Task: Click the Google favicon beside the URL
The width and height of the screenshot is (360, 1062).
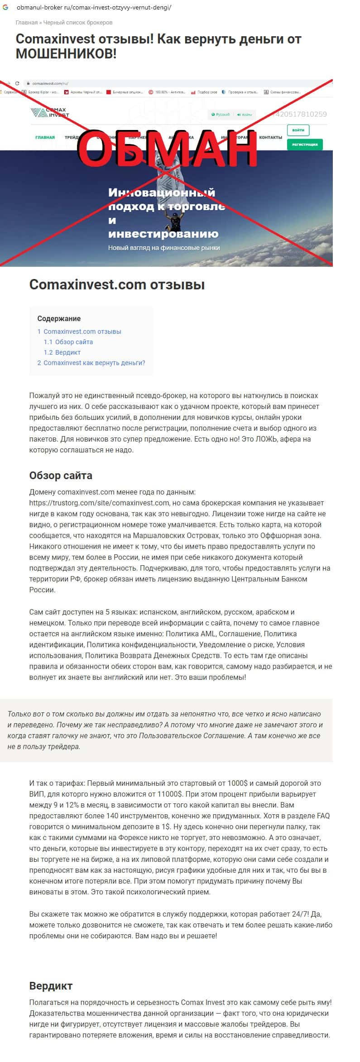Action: coord(5,8)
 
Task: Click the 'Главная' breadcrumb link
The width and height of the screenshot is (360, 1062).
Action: coord(26,22)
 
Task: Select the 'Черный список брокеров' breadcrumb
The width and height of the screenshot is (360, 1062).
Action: coord(78,22)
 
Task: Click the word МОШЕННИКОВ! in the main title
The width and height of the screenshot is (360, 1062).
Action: coord(66,54)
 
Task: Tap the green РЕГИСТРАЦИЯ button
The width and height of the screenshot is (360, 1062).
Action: coord(305,144)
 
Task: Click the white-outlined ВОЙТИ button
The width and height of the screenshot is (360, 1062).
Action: coord(298,130)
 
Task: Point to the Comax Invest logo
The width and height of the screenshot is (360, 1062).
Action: coord(50,112)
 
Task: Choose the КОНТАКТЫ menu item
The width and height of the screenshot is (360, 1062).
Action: coord(270,137)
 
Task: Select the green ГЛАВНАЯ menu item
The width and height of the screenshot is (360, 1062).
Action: coord(45,137)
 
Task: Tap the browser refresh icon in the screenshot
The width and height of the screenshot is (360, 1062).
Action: coord(17,83)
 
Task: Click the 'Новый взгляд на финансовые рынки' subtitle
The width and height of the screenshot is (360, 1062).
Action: coord(164,248)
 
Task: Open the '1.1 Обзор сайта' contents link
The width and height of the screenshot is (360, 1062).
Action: coord(68,342)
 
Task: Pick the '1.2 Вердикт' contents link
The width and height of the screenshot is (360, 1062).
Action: coord(62,352)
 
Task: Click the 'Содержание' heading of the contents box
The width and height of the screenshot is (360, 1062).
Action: coord(59,318)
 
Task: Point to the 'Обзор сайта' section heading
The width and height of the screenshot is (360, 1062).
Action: coord(61,476)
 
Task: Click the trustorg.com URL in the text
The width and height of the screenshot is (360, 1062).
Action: coord(99,503)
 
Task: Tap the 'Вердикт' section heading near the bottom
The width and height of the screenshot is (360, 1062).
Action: coord(51,986)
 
